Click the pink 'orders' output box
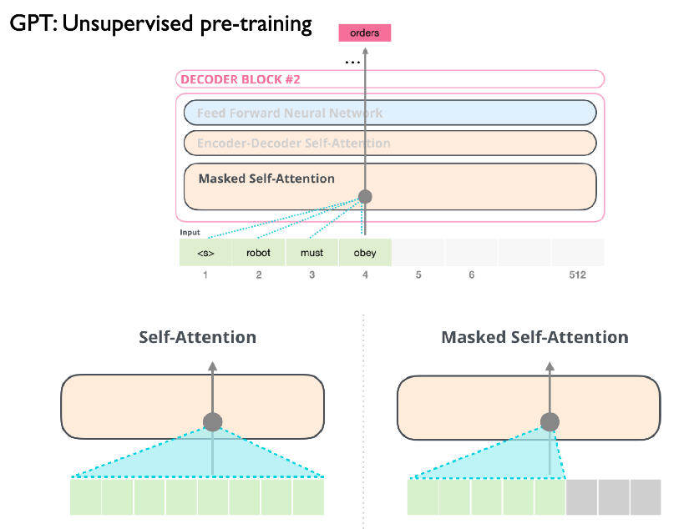point(364,33)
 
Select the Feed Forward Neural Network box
point(389,113)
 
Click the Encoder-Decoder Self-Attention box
point(389,143)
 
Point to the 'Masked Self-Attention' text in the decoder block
point(266,179)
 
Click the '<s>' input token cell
point(205,253)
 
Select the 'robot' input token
point(258,253)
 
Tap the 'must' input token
point(312,253)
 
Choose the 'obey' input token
point(364,253)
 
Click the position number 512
point(577,275)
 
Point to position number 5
point(418,275)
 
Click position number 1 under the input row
point(205,275)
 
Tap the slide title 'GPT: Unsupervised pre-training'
point(160,23)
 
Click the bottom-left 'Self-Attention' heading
point(197,337)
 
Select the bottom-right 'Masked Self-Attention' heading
point(534,337)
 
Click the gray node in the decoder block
point(364,198)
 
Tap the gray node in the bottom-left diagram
point(213,421)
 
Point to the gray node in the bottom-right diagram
point(550,421)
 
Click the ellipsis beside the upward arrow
point(352,61)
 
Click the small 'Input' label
point(190,233)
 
